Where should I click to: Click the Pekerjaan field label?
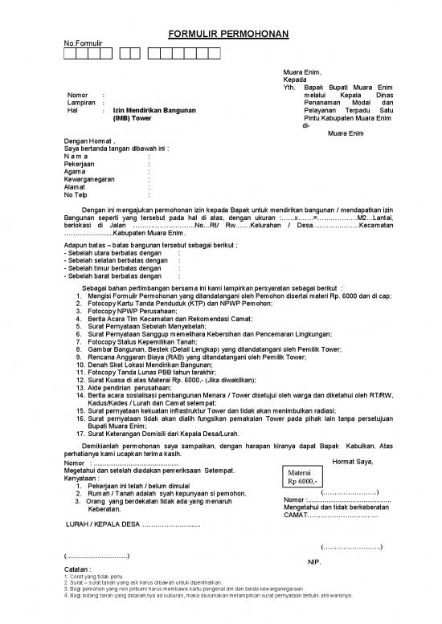81,164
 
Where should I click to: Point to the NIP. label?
315,562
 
